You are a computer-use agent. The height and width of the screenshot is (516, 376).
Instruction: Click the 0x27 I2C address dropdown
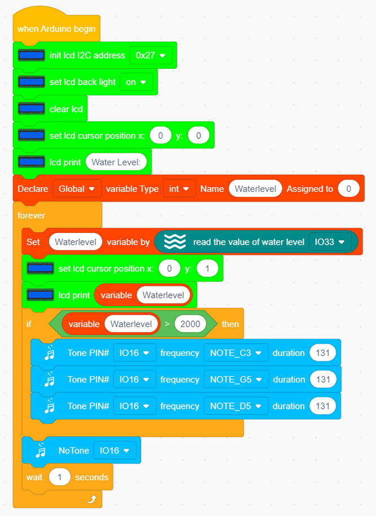(151, 55)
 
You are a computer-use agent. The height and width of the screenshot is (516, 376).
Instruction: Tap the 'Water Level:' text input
(116, 162)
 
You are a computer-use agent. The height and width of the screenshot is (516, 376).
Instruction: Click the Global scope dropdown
(77, 188)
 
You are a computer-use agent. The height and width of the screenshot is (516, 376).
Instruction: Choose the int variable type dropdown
(180, 188)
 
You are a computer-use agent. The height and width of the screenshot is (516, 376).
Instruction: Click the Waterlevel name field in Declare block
(255, 188)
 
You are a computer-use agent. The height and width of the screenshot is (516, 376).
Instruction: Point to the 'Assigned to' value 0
(349, 188)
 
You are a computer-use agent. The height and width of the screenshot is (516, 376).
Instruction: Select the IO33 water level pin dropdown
(330, 242)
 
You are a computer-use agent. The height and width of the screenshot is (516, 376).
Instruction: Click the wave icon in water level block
(174, 242)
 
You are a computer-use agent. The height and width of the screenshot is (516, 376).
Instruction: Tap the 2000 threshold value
(190, 324)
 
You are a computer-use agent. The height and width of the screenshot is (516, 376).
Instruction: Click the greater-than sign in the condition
(167, 324)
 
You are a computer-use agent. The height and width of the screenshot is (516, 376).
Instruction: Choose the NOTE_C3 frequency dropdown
(236, 353)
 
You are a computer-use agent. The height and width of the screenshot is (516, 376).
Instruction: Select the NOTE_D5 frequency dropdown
(236, 406)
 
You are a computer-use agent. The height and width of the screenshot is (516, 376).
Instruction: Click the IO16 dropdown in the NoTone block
(115, 450)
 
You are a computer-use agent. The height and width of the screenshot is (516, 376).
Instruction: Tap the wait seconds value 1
(60, 477)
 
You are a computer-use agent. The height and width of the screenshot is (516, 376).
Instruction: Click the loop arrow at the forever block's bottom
(91, 499)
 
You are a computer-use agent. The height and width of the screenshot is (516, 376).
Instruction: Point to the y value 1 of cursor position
(207, 268)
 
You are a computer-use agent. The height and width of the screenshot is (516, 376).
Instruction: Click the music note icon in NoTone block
(41, 450)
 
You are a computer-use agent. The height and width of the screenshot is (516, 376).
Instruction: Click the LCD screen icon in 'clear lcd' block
(32, 108)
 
